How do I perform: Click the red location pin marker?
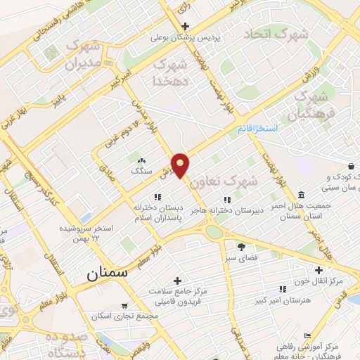181,165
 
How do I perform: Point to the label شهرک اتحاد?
276,33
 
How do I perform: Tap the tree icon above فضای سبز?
241,247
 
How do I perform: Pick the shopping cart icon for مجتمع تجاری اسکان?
124,306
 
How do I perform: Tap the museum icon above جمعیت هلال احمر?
301,195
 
